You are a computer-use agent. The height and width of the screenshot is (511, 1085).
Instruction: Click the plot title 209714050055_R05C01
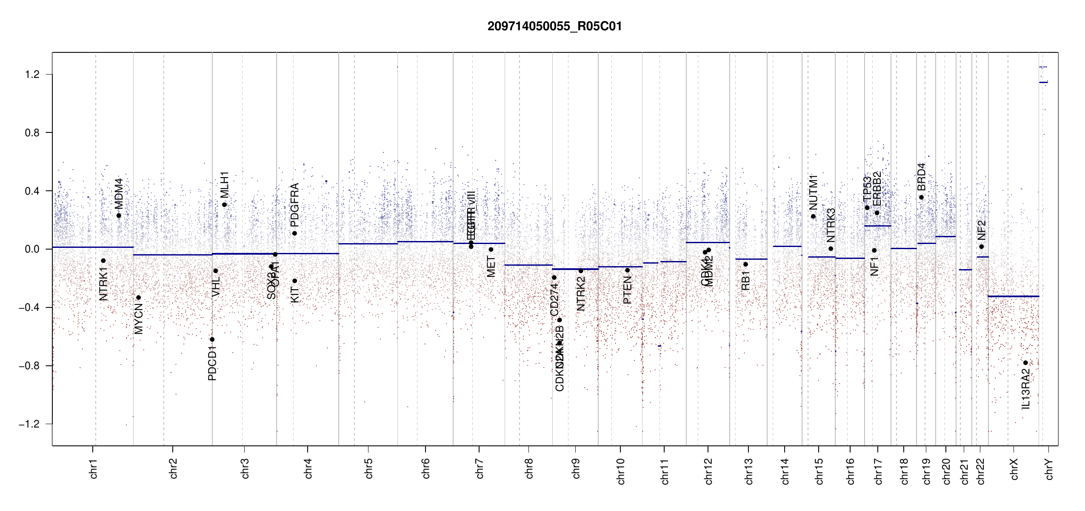click(x=554, y=26)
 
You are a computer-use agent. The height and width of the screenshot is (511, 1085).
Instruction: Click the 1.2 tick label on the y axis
click(x=32, y=75)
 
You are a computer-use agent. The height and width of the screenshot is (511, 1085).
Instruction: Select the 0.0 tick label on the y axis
click(x=32, y=249)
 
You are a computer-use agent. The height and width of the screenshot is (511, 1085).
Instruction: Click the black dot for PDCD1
click(x=212, y=339)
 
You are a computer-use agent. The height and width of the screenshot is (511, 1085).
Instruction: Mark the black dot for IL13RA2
click(x=1025, y=363)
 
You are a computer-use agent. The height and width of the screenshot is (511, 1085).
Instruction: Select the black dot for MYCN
click(x=138, y=298)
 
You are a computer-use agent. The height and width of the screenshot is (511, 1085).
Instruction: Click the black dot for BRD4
click(x=921, y=197)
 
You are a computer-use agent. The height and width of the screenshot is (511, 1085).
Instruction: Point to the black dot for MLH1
click(x=224, y=205)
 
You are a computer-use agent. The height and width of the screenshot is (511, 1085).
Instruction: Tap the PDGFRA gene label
click(x=294, y=205)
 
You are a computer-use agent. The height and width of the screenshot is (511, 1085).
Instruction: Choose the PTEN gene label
click(x=627, y=290)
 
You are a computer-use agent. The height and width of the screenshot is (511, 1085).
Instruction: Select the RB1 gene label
click(x=745, y=281)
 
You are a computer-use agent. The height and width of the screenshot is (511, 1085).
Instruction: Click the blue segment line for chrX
click(x=1013, y=296)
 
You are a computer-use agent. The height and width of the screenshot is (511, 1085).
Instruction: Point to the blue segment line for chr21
click(x=965, y=270)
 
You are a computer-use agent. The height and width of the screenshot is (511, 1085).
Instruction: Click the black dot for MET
click(x=491, y=250)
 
